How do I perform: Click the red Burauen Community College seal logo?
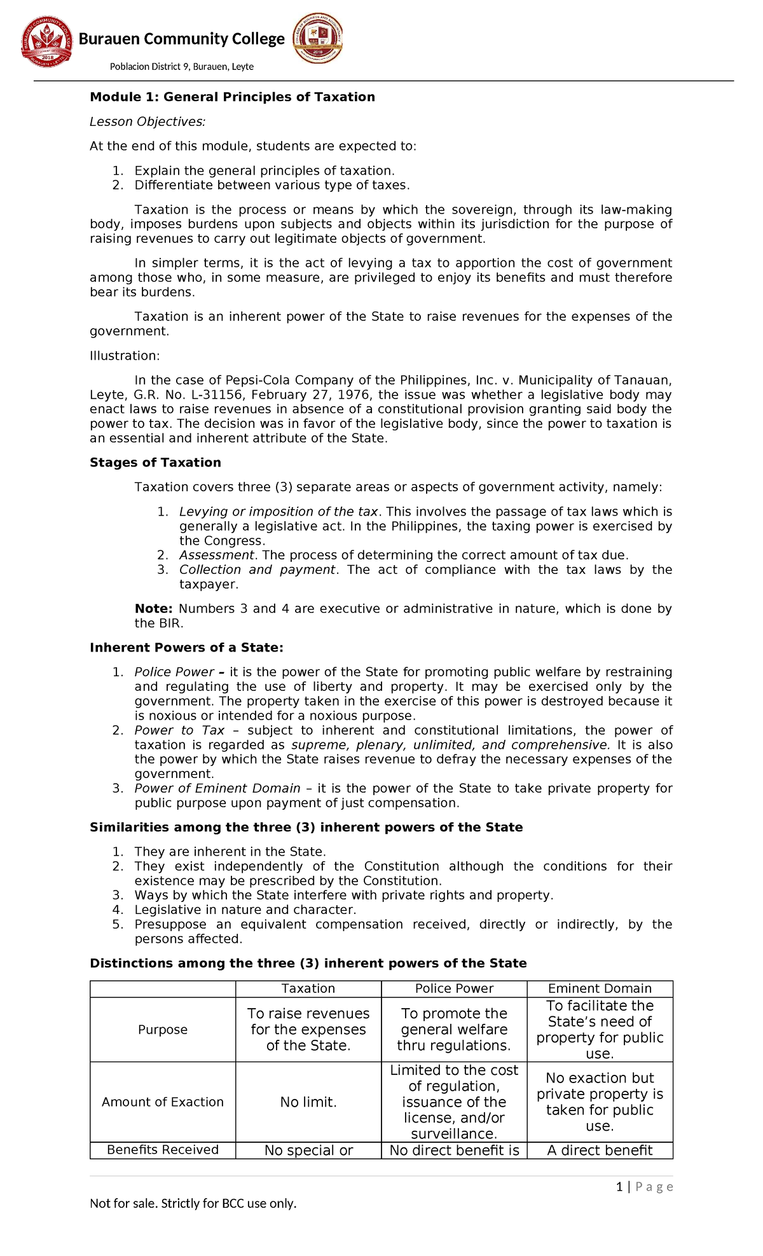(x=46, y=41)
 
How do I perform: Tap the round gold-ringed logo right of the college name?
(x=318, y=38)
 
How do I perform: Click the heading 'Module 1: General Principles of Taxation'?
(x=232, y=97)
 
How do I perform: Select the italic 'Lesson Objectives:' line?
(x=148, y=121)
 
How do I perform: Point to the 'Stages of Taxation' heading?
(x=155, y=462)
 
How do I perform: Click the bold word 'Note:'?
(x=153, y=608)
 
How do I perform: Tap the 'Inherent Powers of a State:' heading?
(x=186, y=647)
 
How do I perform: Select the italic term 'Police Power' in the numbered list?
(x=174, y=672)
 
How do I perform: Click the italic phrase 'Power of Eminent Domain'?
(x=217, y=788)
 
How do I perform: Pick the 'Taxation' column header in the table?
(x=308, y=988)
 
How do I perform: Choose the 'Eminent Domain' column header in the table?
(x=600, y=988)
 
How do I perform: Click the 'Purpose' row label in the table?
(x=163, y=1030)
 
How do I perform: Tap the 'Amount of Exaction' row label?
(x=163, y=1102)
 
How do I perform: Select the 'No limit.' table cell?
(x=308, y=1102)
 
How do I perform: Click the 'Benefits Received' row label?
(x=163, y=1149)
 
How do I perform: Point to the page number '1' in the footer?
(x=619, y=1187)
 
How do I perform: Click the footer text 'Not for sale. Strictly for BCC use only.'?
(x=193, y=1203)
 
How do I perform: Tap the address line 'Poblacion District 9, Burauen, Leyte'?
(x=182, y=67)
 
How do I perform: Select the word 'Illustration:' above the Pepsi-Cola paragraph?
(x=125, y=355)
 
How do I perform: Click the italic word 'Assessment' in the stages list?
(x=217, y=555)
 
